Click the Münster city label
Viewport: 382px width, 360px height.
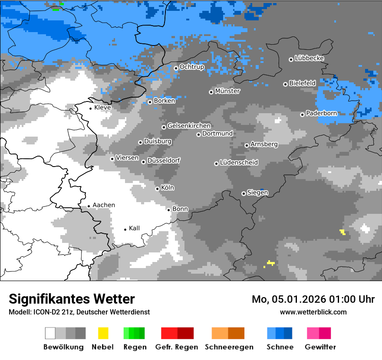tap(227, 91)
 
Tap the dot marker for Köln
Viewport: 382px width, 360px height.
tap(158, 189)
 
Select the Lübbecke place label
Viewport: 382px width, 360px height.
tap(309, 58)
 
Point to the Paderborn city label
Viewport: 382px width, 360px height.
tap(321, 114)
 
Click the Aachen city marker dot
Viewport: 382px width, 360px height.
tap(89, 206)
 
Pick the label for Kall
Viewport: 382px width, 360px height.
tap(134, 228)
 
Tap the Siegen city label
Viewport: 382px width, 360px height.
tap(257, 193)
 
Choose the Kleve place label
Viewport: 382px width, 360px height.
tap(102, 108)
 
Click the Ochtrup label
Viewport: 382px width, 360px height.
tap(191, 67)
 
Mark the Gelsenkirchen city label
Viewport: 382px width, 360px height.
tap(189, 126)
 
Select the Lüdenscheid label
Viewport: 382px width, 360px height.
tap(239, 163)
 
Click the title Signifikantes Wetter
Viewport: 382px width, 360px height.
tap(72, 299)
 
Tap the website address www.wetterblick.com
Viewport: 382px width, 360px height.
tap(313, 312)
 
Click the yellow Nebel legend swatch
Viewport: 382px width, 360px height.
tap(103, 333)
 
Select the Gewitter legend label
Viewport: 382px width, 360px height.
tap(320, 347)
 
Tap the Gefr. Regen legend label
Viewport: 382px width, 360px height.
tap(177, 347)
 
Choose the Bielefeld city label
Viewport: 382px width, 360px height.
tap(302, 83)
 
